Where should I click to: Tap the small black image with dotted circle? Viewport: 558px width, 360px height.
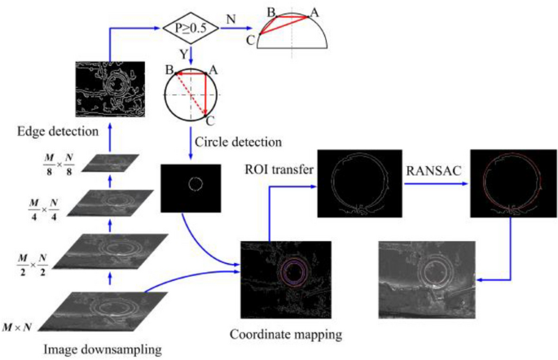192,184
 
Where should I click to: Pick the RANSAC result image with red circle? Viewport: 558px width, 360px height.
510,187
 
